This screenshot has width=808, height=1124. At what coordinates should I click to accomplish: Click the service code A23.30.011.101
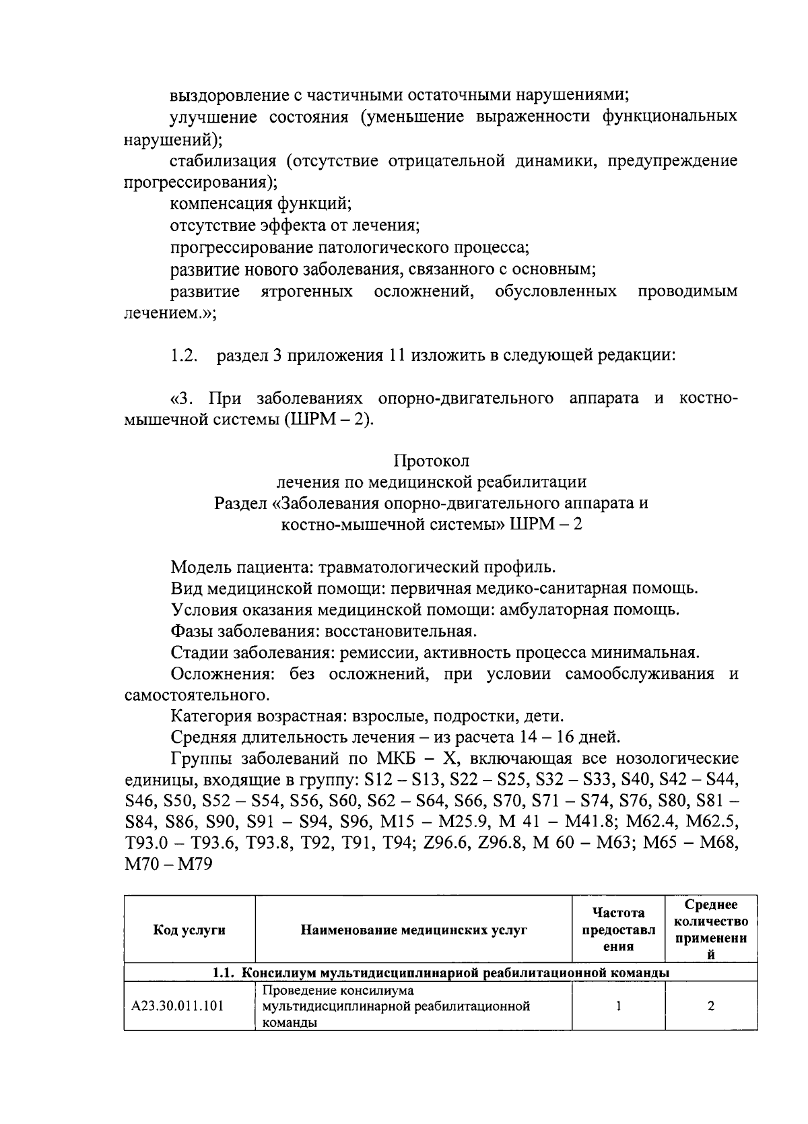[x=178, y=1006]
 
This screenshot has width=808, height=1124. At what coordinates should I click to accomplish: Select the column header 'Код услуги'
[x=189, y=930]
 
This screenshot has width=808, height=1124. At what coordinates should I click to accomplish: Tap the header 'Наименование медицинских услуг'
[x=413, y=930]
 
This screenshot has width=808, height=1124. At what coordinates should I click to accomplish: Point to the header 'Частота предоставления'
[x=618, y=930]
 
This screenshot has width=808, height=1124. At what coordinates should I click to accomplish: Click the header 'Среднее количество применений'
[x=710, y=930]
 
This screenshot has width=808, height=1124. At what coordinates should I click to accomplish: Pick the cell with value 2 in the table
[x=710, y=1006]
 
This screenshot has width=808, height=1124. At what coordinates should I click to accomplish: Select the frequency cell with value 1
[x=618, y=1006]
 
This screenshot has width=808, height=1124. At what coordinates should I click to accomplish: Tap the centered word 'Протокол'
[x=431, y=461]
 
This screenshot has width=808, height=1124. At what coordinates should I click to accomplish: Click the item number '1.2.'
[x=184, y=356]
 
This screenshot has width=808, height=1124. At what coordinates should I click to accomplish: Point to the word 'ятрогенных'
[x=306, y=291]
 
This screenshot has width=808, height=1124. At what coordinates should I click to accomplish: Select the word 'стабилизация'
[x=223, y=160]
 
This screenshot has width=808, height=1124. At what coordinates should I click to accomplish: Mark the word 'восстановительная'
[x=401, y=632]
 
